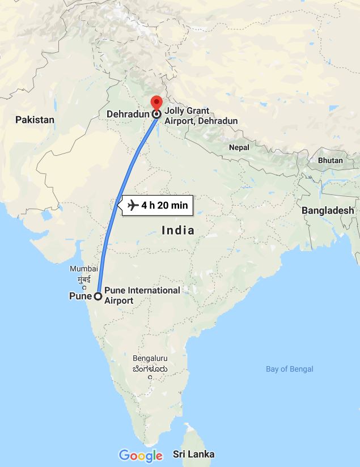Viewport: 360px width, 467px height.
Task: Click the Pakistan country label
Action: coord(35,120)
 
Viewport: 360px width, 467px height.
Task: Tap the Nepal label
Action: coord(239,147)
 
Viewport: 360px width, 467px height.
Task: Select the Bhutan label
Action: coord(331,160)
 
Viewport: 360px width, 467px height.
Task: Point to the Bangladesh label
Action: coord(327,210)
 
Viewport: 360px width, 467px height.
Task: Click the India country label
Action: coord(178,231)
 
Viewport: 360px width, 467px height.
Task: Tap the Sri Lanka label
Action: coord(194,454)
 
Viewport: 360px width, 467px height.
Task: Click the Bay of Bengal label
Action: coord(289,370)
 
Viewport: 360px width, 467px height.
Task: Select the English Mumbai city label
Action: coord(84,269)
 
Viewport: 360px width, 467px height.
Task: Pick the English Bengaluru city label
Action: coord(150,358)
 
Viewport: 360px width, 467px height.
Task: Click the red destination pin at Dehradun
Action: coord(156,104)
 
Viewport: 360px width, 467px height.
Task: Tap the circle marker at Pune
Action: coord(98,296)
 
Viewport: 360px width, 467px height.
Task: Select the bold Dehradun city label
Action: coord(128,114)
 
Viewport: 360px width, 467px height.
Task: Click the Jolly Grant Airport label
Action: coord(201,116)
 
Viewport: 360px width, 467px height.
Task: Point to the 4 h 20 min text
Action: coord(164,205)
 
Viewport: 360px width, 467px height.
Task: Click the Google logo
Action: coord(141,455)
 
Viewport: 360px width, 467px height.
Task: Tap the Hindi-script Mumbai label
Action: coord(84,279)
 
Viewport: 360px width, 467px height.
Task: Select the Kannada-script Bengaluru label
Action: coord(150,368)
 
